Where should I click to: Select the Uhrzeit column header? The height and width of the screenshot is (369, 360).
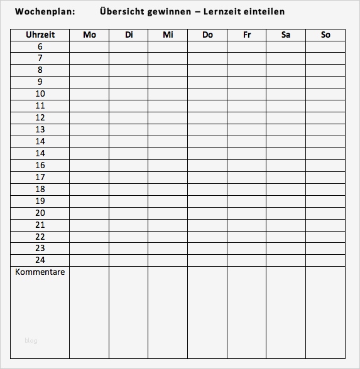[x=40, y=35]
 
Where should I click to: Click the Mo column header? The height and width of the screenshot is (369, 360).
[x=89, y=35]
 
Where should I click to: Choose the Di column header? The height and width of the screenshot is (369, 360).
[x=129, y=35]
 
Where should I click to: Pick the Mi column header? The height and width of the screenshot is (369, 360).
[x=168, y=35]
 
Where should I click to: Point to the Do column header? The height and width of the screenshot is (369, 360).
[x=207, y=35]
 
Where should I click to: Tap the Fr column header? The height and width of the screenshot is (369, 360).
[x=247, y=35]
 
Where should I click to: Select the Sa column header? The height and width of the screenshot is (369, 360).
[x=286, y=35]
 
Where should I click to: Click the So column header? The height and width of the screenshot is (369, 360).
[x=325, y=35]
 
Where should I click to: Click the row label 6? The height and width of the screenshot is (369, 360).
[x=40, y=46]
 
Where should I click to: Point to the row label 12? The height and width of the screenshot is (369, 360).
[x=40, y=117]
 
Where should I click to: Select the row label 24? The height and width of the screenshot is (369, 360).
[x=40, y=260]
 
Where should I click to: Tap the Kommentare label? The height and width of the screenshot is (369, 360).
[x=40, y=272]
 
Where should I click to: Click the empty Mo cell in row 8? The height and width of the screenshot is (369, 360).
[x=89, y=70]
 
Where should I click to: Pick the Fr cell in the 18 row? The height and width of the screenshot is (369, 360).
[x=247, y=189]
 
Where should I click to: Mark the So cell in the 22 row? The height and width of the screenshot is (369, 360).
[x=325, y=237]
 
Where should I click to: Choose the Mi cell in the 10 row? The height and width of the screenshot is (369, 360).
[x=168, y=94]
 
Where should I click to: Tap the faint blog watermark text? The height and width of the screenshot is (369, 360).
[x=31, y=341]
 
